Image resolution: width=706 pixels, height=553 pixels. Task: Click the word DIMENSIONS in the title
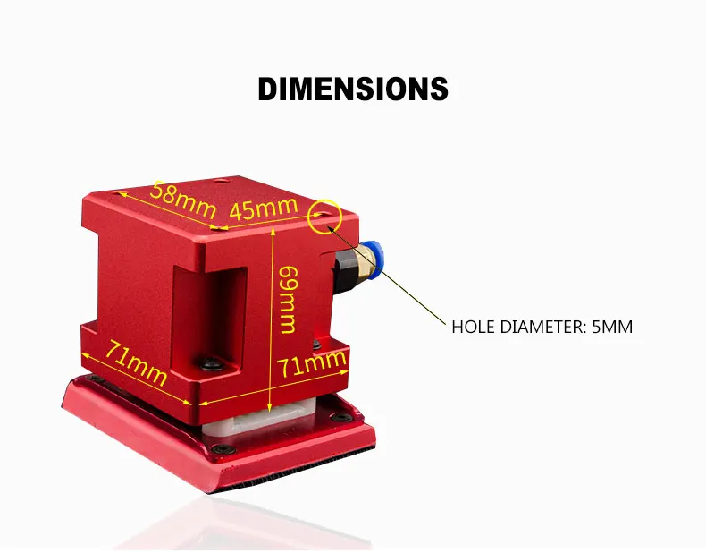[353, 89]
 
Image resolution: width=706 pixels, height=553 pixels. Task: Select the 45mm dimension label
[263, 209]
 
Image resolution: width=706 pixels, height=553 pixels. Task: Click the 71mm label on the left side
[137, 362]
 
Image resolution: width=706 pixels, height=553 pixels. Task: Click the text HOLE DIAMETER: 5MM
[542, 327]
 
